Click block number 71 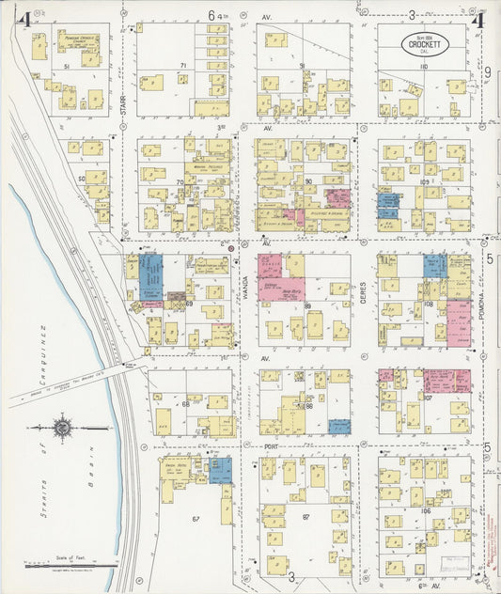[184, 66]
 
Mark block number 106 [425, 510]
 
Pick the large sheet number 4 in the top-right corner [478, 19]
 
